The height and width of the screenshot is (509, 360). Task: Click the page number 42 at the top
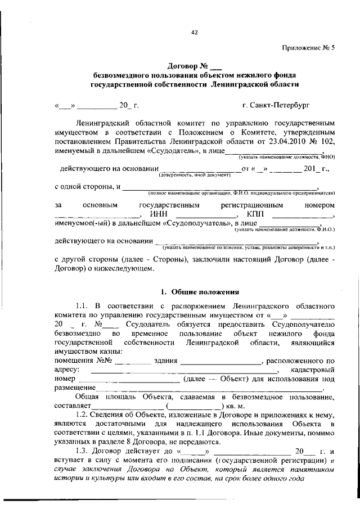point(195,33)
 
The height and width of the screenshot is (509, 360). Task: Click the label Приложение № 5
point(308,48)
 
